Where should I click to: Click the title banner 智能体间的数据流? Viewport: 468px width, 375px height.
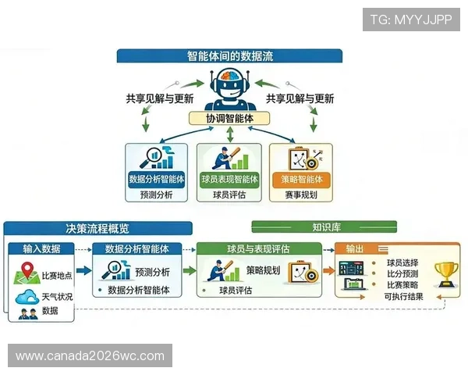(x=230, y=56)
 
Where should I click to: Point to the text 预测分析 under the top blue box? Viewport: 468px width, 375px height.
(x=156, y=195)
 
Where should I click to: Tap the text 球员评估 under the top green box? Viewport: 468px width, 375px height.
(x=229, y=195)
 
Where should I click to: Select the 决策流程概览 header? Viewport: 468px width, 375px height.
(x=97, y=229)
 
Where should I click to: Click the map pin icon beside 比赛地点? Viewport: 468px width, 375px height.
(x=26, y=275)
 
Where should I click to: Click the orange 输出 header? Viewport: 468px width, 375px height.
(x=356, y=248)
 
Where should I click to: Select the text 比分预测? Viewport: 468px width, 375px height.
(x=402, y=274)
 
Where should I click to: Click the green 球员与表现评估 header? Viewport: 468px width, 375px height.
(x=259, y=248)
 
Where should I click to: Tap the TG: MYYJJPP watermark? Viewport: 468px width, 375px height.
(x=411, y=20)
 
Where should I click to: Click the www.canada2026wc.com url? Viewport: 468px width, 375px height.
(x=90, y=356)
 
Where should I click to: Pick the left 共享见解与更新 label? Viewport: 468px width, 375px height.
(x=159, y=98)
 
